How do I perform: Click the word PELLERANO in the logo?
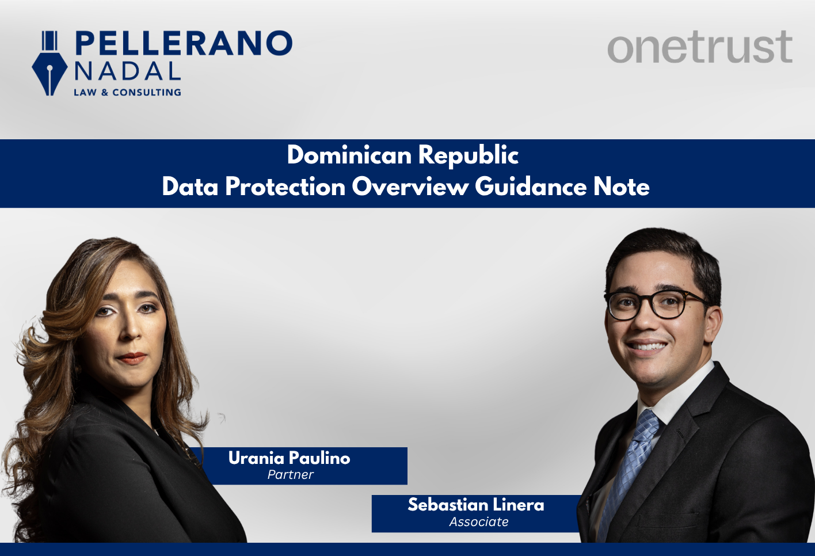[x=184, y=44]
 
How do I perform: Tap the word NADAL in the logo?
[x=127, y=71]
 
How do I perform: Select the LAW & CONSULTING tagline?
[x=127, y=92]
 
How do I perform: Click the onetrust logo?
[x=699, y=47]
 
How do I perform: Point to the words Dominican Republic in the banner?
[x=403, y=155]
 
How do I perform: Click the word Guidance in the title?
[x=530, y=187]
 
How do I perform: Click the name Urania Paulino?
[x=289, y=458]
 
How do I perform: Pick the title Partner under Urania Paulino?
[x=290, y=475]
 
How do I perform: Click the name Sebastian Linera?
[x=475, y=505]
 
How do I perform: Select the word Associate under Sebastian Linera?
[x=479, y=522]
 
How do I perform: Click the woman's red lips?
[x=131, y=358]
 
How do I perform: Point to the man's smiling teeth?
[x=647, y=346]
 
